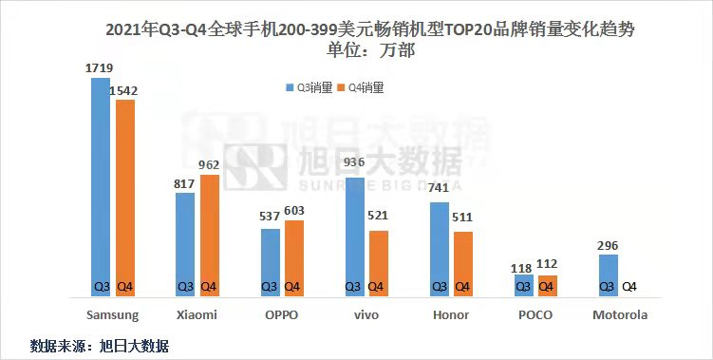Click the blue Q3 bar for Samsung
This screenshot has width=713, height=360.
coord(101,187)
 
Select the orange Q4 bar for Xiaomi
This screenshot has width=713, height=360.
coord(210,236)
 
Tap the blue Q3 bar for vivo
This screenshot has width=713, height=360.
coord(355,237)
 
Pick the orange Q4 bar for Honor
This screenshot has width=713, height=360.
coord(463,264)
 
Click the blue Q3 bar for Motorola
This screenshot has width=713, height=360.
coord(609,275)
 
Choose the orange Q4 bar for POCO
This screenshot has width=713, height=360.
coord(548,286)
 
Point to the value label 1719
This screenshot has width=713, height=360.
coord(99,68)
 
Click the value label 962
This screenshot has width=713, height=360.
coord(209,164)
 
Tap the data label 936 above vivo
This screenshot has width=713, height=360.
coord(354,161)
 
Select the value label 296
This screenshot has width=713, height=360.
coord(608,246)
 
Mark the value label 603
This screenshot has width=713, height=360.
coord(293,211)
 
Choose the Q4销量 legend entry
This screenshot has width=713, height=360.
coord(361,87)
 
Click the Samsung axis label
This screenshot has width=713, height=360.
coord(112,315)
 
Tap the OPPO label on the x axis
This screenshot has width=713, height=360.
coord(281,315)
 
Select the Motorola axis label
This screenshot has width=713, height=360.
coord(620,315)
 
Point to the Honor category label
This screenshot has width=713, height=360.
coord(451,315)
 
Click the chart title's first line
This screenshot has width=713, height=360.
coord(369,30)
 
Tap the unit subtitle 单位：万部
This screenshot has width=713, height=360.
coord(370,50)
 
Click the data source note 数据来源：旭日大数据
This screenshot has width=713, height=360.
coord(100,346)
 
